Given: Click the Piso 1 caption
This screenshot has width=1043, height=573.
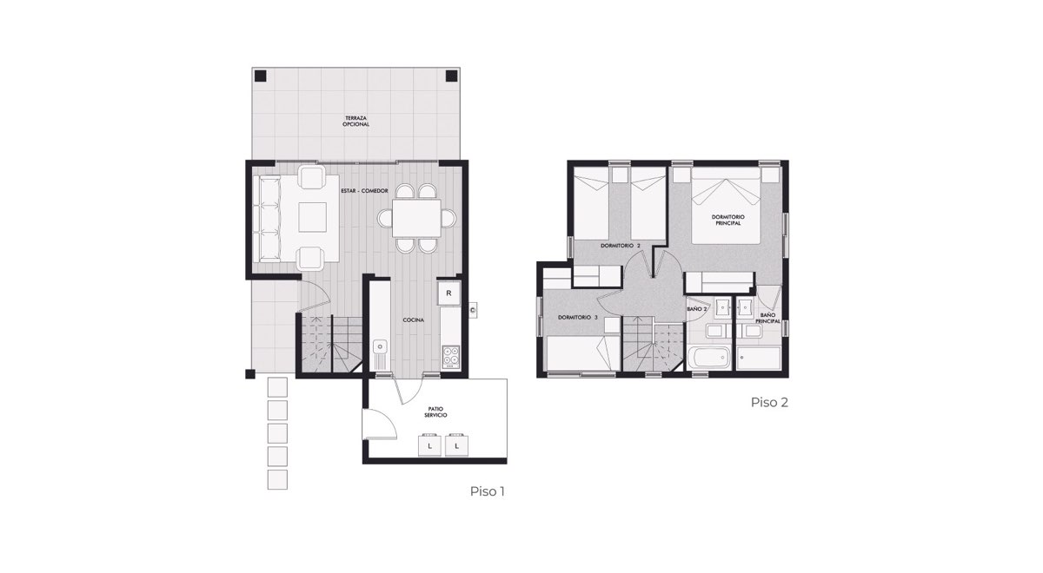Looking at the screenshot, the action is point(487,491).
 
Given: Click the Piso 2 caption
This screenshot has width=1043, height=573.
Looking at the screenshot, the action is point(769,402).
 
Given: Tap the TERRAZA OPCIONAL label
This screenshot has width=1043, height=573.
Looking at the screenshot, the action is point(355,122).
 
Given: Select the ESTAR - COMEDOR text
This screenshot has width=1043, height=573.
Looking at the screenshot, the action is point(364,191).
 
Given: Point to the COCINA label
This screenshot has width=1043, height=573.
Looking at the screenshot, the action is point(414,320).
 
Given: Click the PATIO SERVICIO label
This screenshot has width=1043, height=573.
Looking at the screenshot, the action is point(435,412).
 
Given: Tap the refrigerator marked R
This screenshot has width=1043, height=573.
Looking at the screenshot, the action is point(448,293).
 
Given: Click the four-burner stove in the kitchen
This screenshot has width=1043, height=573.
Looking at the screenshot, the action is point(450,356).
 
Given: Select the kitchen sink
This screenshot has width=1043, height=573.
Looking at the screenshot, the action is point(381,353).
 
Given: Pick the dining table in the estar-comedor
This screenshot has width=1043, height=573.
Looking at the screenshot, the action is point(416,218).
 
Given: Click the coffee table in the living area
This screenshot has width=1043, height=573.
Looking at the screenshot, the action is point(312,217).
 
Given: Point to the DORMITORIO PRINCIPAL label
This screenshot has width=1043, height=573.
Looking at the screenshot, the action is point(727,220).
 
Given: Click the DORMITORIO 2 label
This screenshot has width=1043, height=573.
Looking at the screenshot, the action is point(621,245).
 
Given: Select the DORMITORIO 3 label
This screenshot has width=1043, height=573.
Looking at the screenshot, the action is point(578,318).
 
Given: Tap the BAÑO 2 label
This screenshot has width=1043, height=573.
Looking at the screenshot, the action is point(697,309).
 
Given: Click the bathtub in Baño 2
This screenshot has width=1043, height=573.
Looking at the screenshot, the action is point(708,357).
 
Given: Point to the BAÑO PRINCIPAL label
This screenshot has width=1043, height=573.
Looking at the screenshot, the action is point(767,318).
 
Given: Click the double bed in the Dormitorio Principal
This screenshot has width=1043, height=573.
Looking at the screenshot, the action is point(726,205).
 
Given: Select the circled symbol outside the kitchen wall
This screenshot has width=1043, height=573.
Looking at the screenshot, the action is point(473,309).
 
